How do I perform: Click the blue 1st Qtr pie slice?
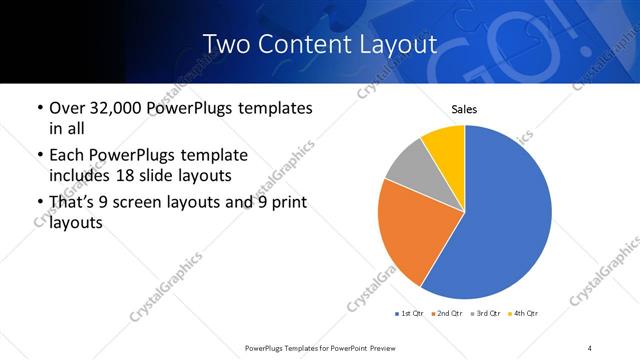[x=505, y=215]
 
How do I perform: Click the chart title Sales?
[x=465, y=108]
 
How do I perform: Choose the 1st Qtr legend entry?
[x=409, y=314]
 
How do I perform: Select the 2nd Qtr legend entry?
[x=445, y=314]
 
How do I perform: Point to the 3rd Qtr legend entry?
[x=483, y=314]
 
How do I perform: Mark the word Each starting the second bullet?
[x=67, y=156]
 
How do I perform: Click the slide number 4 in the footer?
[x=590, y=347]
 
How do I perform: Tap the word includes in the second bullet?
[x=79, y=176]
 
